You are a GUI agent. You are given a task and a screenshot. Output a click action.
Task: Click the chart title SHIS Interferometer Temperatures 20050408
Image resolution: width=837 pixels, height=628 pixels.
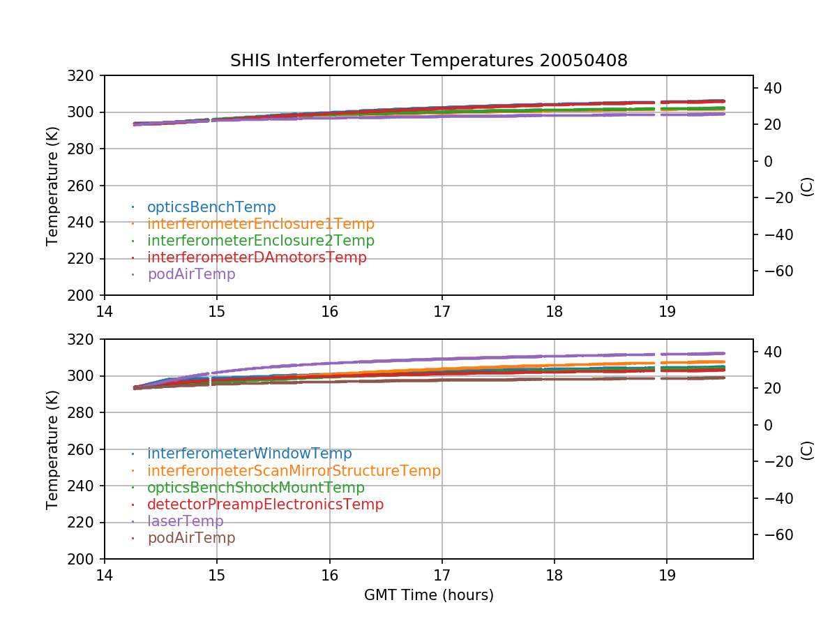point(428,61)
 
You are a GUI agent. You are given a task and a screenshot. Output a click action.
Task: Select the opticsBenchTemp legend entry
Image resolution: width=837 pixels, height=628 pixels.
point(211,207)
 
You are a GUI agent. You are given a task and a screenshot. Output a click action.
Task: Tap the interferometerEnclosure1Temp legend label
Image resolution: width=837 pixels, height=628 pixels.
point(261,224)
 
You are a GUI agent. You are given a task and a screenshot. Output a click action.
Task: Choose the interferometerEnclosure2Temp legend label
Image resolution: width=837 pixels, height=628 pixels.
point(261,241)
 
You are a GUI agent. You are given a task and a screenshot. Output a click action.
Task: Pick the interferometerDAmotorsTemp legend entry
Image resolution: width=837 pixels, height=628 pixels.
point(257,257)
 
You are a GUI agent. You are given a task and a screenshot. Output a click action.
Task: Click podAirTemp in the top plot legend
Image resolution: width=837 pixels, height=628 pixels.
point(191,274)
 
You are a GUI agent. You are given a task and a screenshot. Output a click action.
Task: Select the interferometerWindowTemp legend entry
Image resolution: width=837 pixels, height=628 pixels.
point(250,454)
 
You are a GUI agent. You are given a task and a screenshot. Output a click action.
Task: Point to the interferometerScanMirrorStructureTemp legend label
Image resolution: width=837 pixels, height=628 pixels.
point(294,471)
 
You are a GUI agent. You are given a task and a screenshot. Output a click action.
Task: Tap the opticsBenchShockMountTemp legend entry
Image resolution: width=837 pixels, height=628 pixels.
point(256,488)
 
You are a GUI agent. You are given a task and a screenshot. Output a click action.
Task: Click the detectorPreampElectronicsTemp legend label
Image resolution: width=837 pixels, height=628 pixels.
point(265,504)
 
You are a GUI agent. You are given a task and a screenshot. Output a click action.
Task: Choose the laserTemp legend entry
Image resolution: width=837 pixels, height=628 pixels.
point(186,521)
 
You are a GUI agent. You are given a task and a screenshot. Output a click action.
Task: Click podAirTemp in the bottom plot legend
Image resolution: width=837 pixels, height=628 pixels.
point(191,538)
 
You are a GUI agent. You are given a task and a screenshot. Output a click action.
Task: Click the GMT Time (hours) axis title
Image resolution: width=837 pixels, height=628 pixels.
point(428,595)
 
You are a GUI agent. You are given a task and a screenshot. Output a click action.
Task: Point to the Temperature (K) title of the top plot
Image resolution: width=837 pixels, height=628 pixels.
point(52,185)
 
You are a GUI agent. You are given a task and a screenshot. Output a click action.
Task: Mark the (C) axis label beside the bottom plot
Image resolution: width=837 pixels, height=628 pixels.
point(807,449)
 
